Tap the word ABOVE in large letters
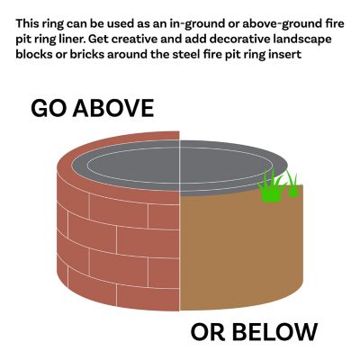click(x=113, y=108)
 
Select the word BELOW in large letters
click(x=274, y=332)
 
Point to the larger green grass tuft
click(x=270, y=185)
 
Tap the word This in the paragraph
click(x=27, y=23)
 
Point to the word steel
click(x=184, y=55)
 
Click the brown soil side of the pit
click(x=240, y=252)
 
